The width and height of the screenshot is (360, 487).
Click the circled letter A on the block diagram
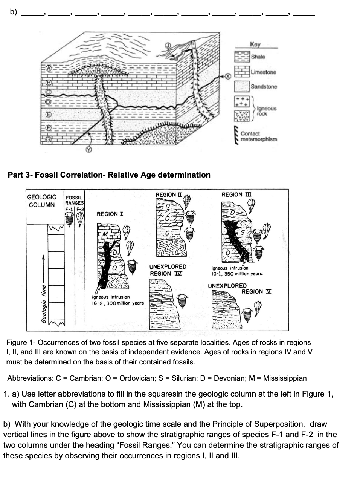click(x=49, y=68)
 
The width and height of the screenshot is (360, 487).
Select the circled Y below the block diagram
click(x=88, y=149)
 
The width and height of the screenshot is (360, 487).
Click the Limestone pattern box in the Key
click(x=242, y=72)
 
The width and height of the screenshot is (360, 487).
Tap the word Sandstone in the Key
click(x=264, y=87)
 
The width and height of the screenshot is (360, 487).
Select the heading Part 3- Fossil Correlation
click(x=109, y=175)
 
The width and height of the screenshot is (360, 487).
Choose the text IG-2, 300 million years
click(x=118, y=303)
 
